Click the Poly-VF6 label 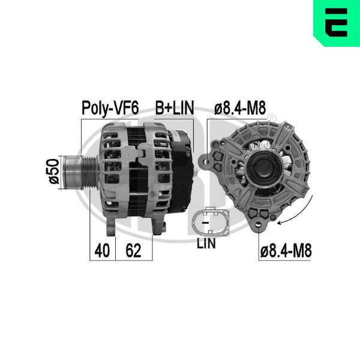tap(110, 107)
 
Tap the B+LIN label tap(175, 107)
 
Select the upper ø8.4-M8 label tap(240, 107)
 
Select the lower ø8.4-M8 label tap(286, 250)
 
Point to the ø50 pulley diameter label tap(54, 171)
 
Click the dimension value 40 tap(102, 250)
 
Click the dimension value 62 tap(133, 250)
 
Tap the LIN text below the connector tap(206, 244)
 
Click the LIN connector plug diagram tap(211, 222)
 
